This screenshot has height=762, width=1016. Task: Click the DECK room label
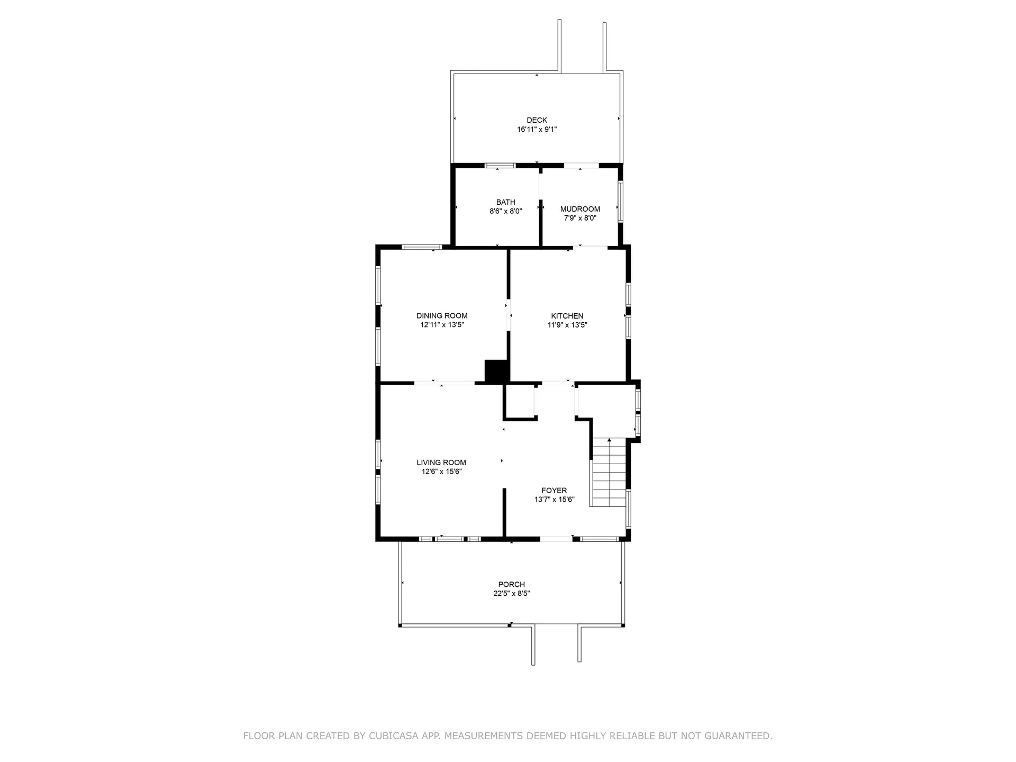537,120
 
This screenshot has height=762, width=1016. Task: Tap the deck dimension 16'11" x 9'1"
537,129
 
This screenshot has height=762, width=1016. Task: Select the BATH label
505,202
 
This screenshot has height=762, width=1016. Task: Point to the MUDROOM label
580,209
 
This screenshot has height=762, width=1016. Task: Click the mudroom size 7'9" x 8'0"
580,218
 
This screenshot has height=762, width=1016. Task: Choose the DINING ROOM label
442,316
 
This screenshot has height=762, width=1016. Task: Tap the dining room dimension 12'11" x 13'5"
442,325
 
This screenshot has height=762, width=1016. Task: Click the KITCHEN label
567,316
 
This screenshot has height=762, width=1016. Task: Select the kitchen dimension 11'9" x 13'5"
567,325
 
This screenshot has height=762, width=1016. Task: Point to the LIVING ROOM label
441,462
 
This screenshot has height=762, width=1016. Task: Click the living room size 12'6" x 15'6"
441,471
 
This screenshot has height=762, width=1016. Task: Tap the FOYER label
554,491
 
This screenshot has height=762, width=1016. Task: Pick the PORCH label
511,585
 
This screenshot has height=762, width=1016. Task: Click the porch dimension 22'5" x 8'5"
511,594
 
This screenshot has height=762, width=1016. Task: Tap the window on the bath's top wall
500,166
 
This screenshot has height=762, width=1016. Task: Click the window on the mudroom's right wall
621,202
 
